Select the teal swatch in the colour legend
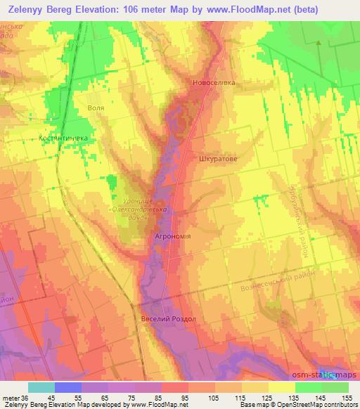41,387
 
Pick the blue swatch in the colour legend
67,387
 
